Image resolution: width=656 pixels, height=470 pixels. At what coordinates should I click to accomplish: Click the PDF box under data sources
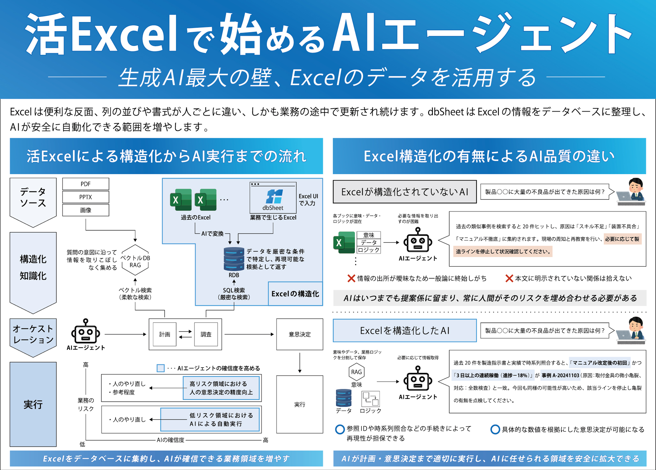click(85, 184)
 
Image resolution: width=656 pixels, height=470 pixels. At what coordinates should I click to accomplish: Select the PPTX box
click(85, 197)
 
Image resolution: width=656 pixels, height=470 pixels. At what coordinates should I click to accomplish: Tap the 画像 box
click(85, 210)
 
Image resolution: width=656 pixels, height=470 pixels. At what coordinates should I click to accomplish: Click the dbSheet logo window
click(273, 198)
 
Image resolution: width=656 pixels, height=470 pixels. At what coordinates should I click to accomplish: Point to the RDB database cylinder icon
click(234, 259)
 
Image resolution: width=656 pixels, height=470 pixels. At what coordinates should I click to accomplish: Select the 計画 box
click(164, 334)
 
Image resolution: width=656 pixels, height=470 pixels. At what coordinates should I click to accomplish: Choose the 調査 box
click(206, 334)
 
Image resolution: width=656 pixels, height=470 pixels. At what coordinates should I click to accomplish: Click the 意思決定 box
click(299, 334)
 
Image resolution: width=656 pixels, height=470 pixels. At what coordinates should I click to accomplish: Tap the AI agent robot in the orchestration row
click(85, 332)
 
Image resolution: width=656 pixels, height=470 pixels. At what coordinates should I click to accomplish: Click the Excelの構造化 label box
click(295, 294)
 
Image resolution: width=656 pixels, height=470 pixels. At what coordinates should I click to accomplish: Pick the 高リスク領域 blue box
click(221, 388)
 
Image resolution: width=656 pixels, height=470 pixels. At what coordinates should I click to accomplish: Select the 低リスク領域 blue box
click(210, 420)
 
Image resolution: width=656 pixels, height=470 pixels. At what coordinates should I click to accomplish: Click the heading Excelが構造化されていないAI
click(405, 192)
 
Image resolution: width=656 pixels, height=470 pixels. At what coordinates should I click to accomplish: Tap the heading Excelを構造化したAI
click(405, 330)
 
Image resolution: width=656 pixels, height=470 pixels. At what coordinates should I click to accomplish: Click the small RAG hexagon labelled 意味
click(356, 372)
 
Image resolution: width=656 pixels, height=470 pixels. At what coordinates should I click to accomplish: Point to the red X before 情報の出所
click(351, 278)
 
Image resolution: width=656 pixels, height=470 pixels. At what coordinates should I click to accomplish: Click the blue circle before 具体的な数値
click(495, 430)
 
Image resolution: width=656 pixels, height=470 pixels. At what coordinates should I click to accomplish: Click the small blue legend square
click(161, 368)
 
